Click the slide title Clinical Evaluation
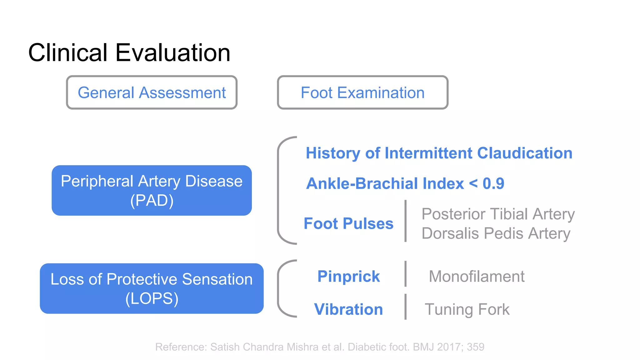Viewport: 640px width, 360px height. click(129, 52)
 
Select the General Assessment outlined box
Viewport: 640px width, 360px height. click(152, 92)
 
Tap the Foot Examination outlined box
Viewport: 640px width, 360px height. click(362, 92)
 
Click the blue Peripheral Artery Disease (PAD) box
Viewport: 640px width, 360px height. click(152, 190)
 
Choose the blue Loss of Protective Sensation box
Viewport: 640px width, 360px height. click(152, 288)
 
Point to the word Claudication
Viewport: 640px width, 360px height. click(525, 153)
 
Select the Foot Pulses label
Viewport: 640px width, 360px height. click(348, 224)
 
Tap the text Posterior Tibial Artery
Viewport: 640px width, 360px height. click(498, 214)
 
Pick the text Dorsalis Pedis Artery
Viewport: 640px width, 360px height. click(496, 233)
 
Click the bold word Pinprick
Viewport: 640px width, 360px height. click(348, 277)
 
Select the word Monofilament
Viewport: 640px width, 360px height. click(477, 277)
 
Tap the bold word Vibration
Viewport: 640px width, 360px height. click(348, 309)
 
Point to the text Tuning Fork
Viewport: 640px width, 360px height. click(467, 309)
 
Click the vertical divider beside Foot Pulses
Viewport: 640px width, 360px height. click(406, 221)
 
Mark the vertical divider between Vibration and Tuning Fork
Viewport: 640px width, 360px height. click(406, 307)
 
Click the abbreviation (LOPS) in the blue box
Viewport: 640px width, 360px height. click(152, 298)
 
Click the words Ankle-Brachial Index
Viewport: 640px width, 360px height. click(385, 183)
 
